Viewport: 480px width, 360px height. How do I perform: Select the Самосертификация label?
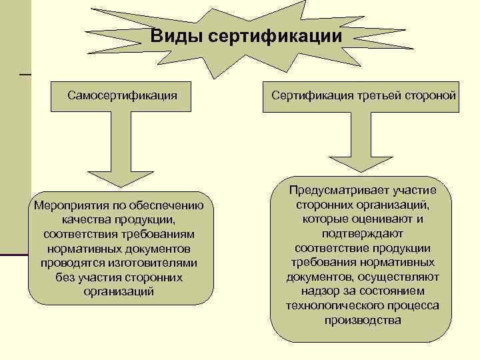point(122,95)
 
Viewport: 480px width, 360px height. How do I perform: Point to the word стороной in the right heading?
point(431,95)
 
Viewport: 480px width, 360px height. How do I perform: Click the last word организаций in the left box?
point(121,292)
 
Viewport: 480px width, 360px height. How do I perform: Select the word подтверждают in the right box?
point(363,233)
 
